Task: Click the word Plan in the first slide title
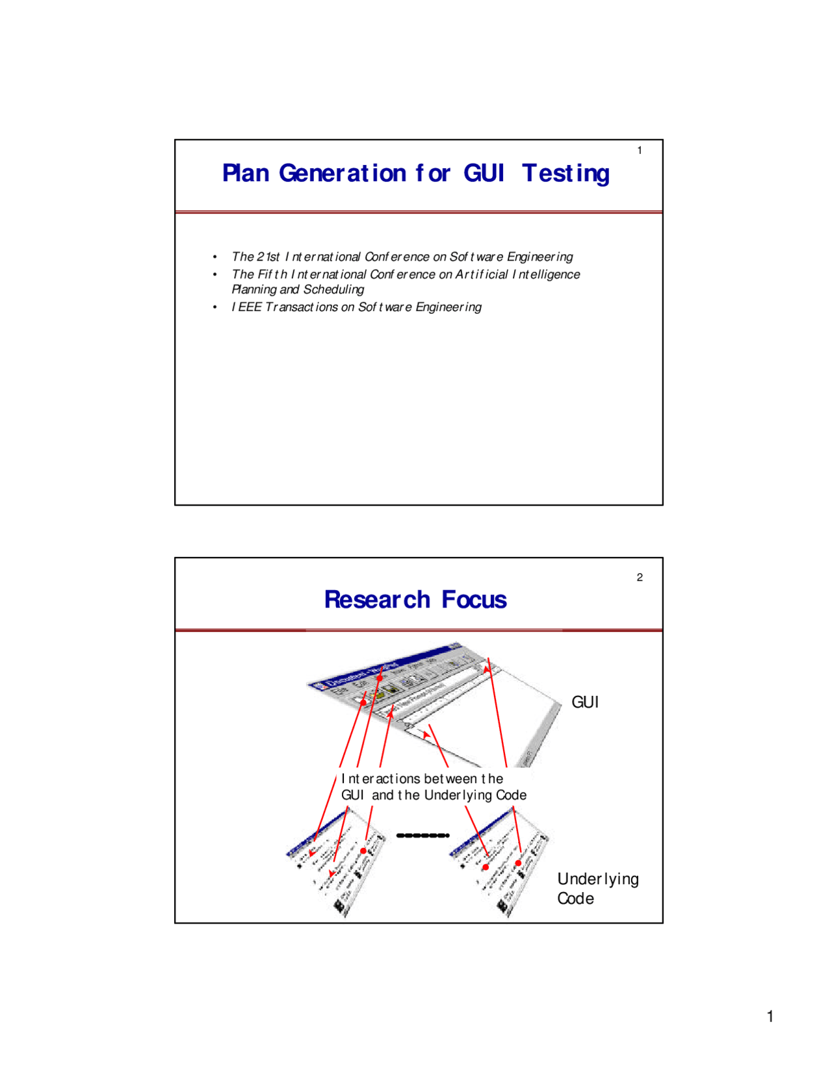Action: coord(246,173)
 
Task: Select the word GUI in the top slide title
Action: coord(484,173)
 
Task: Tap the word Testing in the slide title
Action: coord(565,173)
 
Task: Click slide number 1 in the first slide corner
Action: coord(640,151)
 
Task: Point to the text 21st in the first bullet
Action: coord(268,257)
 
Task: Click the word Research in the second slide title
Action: coord(377,600)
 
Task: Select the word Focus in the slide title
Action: coord(474,600)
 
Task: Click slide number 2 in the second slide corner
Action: coord(640,578)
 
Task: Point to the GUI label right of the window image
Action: coord(585,702)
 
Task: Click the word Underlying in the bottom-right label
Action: coord(598,879)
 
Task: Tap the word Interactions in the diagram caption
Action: coord(381,778)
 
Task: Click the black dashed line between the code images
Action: coord(422,836)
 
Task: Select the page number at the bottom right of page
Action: coord(770,1017)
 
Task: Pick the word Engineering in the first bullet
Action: coord(539,257)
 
